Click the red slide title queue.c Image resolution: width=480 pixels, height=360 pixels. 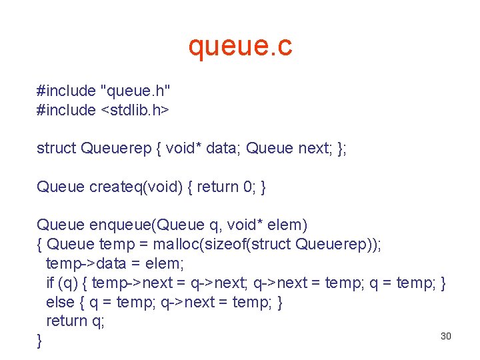240,47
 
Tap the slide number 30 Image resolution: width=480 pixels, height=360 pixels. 446,336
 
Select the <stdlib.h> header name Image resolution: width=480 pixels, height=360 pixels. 135,110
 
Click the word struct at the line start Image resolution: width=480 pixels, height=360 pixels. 57,148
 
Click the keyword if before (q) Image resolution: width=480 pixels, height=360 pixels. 50,283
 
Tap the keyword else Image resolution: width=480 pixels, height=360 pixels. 60,302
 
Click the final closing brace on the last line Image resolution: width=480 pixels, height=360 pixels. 39,341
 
